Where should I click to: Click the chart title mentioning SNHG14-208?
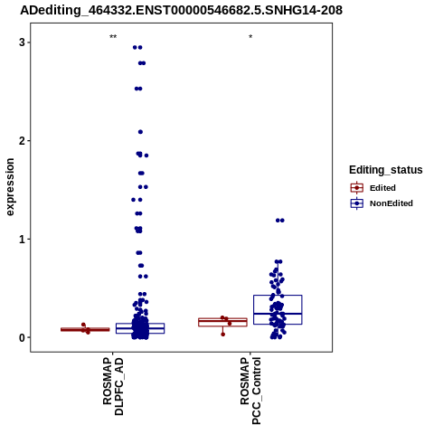pyautogui.click(x=181, y=10)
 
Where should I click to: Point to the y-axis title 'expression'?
pyautogui.click(x=10, y=187)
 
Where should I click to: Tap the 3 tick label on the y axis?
pyautogui.click(x=22, y=42)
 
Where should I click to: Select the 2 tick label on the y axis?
pyautogui.click(x=22, y=141)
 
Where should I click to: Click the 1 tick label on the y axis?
pyautogui.click(x=22, y=240)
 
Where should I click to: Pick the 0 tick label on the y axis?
pyautogui.click(x=22, y=338)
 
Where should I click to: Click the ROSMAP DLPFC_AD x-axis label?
pyautogui.click(x=113, y=386)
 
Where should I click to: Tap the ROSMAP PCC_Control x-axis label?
pyautogui.click(x=250, y=391)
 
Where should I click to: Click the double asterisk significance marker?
pyautogui.click(x=113, y=37)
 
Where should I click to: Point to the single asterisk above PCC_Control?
pyautogui.click(x=250, y=37)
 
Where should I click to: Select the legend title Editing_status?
pyautogui.click(x=386, y=170)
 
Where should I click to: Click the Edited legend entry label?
pyautogui.click(x=382, y=188)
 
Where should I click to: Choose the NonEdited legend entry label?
pyautogui.click(x=392, y=203)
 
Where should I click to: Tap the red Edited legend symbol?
pyautogui.click(x=357, y=188)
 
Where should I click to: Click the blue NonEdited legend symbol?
pyautogui.click(x=357, y=203)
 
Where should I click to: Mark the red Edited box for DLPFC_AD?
pyautogui.click(x=85, y=329)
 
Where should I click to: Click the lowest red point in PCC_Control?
pyautogui.click(x=222, y=335)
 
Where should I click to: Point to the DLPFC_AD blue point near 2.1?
pyautogui.click(x=140, y=132)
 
